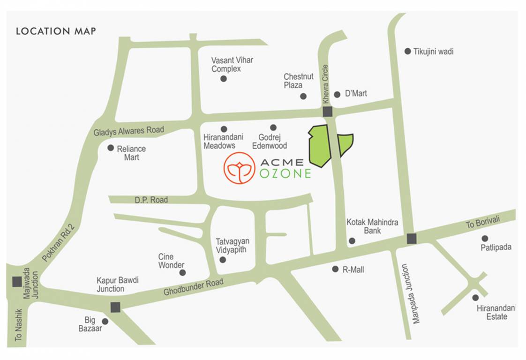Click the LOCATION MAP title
(x=56, y=31)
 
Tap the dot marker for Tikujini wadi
(x=408, y=51)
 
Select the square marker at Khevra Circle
(x=327, y=112)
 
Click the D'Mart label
(x=356, y=94)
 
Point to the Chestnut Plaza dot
(x=303, y=96)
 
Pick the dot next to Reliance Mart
(x=111, y=148)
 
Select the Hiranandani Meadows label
(x=219, y=142)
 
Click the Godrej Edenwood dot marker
(x=273, y=127)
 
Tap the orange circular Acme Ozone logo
(x=239, y=168)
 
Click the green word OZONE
(x=285, y=173)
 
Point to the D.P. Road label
(x=151, y=200)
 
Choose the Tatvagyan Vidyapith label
(x=233, y=246)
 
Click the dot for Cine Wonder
(x=182, y=272)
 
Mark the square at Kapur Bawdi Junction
(x=115, y=307)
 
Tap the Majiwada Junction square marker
(x=17, y=282)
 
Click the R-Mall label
(x=353, y=270)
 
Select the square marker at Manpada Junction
(x=412, y=239)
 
